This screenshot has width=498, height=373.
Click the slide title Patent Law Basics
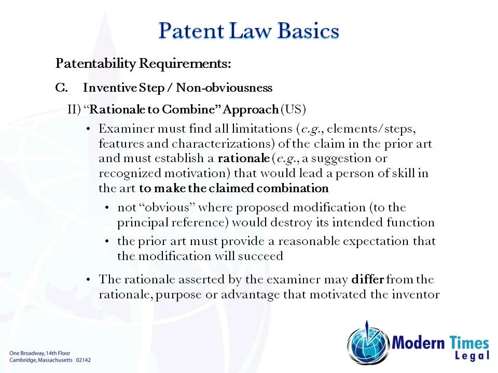(x=248, y=30)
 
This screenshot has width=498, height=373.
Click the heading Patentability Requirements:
(x=143, y=64)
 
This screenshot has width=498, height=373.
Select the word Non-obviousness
(x=224, y=88)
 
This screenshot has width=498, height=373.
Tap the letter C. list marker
(x=61, y=88)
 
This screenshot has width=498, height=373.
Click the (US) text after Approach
(x=293, y=109)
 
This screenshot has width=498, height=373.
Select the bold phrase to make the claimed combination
(x=233, y=188)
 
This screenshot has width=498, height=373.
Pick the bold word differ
(x=367, y=280)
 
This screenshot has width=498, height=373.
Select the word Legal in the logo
(x=472, y=355)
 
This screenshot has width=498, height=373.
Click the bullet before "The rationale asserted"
(x=88, y=280)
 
